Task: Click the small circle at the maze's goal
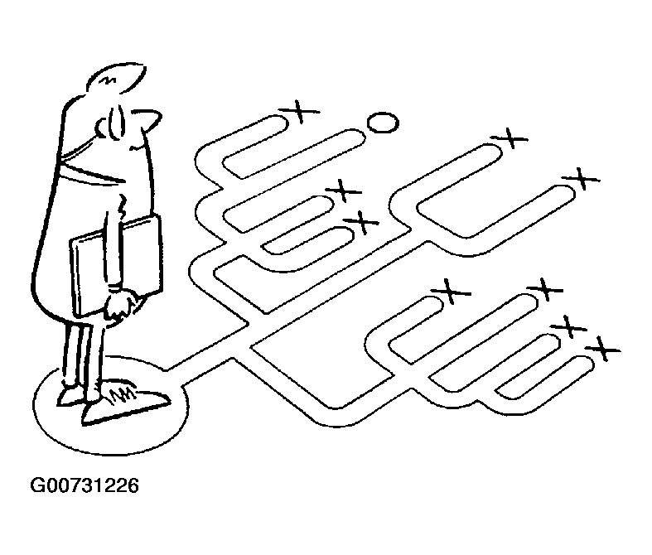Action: [x=383, y=123]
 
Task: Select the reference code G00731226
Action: [x=85, y=485]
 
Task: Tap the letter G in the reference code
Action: [x=37, y=485]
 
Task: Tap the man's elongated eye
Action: [x=116, y=122]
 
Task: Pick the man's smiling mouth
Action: [x=138, y=146]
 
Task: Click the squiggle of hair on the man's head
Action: [x=109, y=79]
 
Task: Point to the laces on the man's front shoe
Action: [x=122, y=393]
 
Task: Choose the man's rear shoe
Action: [x=70, y=396]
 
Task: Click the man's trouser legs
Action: [x=83, y=350]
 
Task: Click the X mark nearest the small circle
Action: [x=300, y=112]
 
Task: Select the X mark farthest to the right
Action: [x=603, y=349]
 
